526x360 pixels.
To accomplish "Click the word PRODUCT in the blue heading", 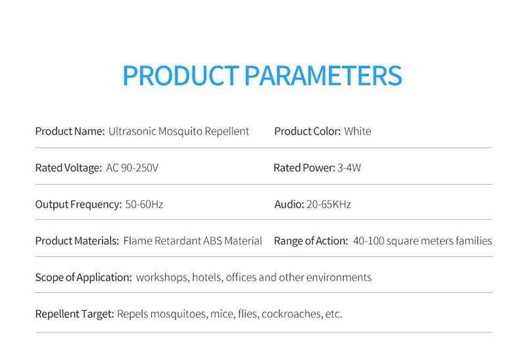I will point(180,76).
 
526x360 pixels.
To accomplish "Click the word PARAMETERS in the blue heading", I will point(323,76).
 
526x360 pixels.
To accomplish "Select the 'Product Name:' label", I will point(70,131).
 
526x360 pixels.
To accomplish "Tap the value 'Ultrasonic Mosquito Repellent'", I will point(179,131).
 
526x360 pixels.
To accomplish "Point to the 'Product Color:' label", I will point(307,131).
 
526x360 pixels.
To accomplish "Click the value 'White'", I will point(358,131).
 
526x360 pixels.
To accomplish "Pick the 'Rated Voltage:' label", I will point(68,168).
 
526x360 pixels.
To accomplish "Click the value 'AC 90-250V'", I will point(132,168).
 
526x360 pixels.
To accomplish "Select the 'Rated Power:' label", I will point(304,168).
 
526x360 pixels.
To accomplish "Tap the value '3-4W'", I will point(349,168).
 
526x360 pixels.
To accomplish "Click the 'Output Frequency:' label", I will point(78,204).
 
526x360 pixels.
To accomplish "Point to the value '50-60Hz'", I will point(144,204).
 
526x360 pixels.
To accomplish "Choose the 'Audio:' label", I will point(289,204).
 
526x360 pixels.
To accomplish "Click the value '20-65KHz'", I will point(329,204).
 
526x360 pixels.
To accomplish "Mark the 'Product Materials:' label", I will point(77,241).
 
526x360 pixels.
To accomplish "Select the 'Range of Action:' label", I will point(310,241).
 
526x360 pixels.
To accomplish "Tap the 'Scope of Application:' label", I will point(84,277).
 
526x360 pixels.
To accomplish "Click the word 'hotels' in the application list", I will point(206,277).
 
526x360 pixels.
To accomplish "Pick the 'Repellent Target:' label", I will point(75,314).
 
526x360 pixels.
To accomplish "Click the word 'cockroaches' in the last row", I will point(291,314).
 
